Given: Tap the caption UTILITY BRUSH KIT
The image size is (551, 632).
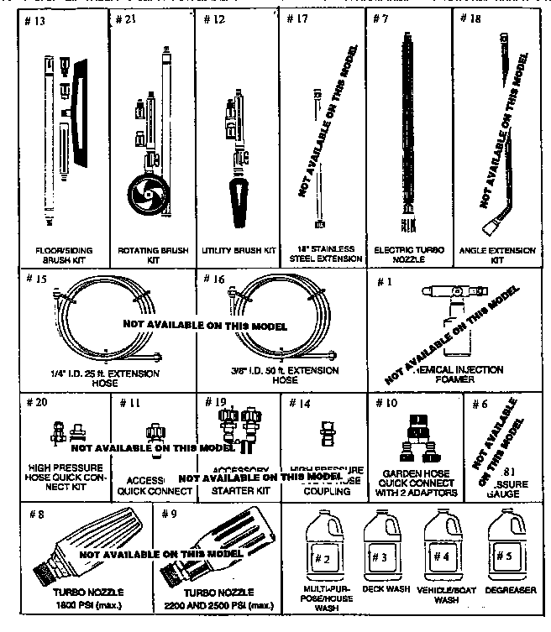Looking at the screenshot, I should (x=239, y=251).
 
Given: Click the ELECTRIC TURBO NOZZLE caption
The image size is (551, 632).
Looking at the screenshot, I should (x=409, y=254).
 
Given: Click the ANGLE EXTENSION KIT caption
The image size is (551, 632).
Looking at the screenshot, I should (x=495, y=254).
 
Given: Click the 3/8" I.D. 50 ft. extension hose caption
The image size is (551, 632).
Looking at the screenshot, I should (x=284, y=374).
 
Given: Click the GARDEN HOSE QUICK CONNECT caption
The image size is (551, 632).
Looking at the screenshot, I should (x=415, y=484).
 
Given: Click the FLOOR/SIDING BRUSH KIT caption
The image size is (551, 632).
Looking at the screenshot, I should (x=64, y=254).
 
